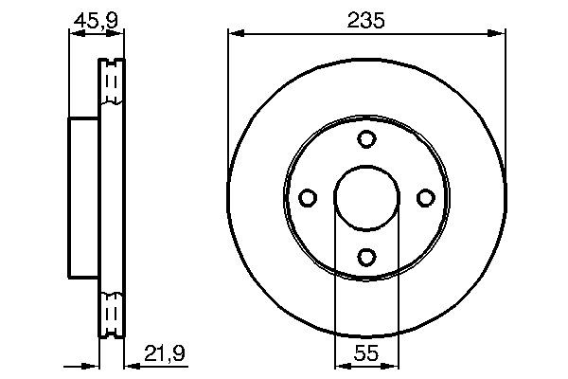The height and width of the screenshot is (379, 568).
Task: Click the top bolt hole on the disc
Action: click(x=366, y=138)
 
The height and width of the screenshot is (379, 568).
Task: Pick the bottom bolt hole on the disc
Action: click(x=366, y=255)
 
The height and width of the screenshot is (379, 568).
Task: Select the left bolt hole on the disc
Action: click(x=308, y=197)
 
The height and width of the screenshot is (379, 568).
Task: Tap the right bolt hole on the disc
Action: click(x=425, y=197)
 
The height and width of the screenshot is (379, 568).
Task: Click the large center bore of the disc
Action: click(x=366, y=197)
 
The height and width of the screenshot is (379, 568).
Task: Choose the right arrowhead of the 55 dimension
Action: click(x=391, y=364)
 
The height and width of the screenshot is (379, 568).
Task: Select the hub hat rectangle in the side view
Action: click(x=84, y=197)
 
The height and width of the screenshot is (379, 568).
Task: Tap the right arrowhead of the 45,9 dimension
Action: click(x=118, y=34)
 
